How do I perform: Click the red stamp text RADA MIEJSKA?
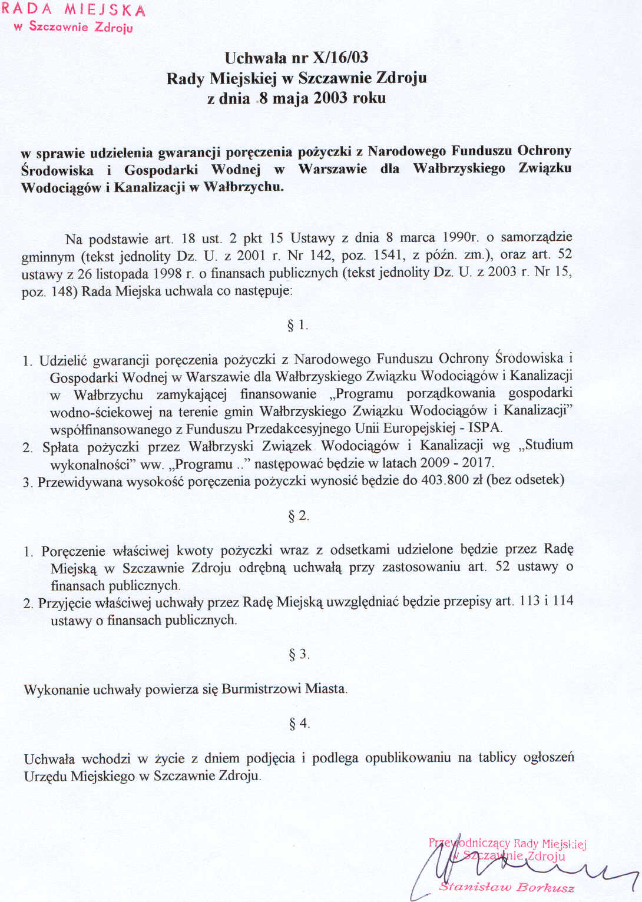tap(73, 10)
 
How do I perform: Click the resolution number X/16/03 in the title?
tap(340, 58)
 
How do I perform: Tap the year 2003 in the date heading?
tap(330, 98)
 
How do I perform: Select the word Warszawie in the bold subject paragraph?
tap(332, 169)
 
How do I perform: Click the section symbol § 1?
tap(297, 325)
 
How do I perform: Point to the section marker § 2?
tap(298, 516)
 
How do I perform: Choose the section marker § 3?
tap(299, 654)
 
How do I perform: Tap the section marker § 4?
tap(299, 723)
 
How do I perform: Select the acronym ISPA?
tap(485, 427)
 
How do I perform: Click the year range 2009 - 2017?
tap(456, 463)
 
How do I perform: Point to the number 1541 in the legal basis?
tap(388, 255)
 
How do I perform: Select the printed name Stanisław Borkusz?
tap(507, 887)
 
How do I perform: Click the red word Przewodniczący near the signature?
tap(469, 843)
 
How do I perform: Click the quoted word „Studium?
tap(545, 445)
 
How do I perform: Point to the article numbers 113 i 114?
tap(546, 601)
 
